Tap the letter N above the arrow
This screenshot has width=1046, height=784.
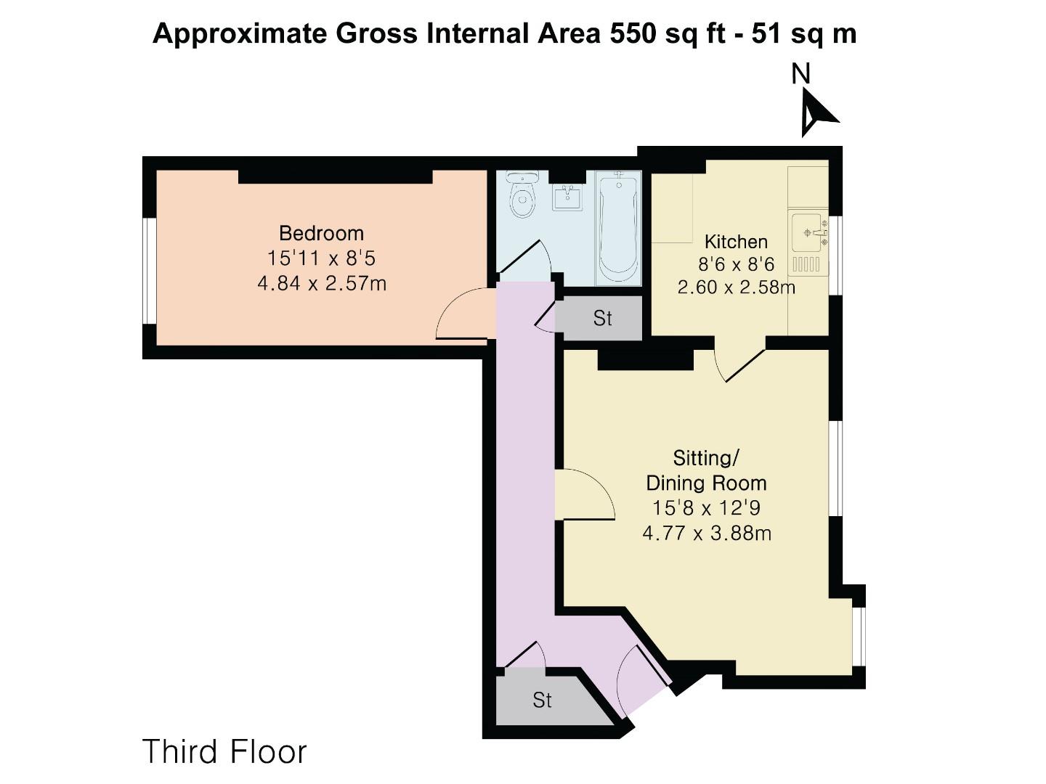point(800,74)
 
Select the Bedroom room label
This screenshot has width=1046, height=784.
point(321,233)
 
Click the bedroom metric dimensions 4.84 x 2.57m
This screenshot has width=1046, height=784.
point(321,283)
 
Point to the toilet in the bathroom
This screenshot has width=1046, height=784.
point(522,196)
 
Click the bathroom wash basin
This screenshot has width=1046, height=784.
point(567,197)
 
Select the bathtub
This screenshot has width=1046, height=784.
point(618,226)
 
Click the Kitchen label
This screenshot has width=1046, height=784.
point(736,242)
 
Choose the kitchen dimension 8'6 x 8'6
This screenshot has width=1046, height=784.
point(736,264)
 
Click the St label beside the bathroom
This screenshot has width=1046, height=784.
point(602,318)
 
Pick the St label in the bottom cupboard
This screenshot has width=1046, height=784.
point(542,700)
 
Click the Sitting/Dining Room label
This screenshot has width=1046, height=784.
point(706,470)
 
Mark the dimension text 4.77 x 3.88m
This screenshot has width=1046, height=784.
point(706,534)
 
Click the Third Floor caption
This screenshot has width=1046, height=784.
point(224,751)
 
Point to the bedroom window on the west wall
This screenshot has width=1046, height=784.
point(149,270)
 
